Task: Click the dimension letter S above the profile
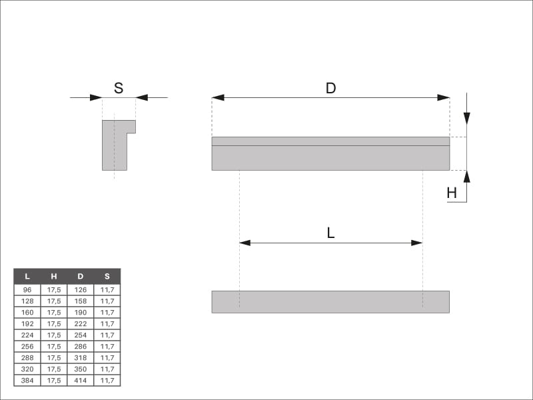click(x=119, y=88)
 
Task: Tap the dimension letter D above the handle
click(x=330, y=88)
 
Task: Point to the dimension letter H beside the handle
click(x=452, y=193)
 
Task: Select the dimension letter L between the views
click(x=330, y=233)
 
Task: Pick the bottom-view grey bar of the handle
click(x=330, y=302)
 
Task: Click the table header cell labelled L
click(x=27, y=276)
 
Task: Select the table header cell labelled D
click(x=81, y=276)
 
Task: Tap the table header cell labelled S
click(x=107, y=276)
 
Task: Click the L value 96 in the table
click(x=27, y=290)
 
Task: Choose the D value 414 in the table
click(x=81, y=380)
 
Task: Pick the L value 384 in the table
click(x=27, y=380)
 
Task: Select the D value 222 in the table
click(x=81, y=324)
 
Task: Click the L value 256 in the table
click(x=27, y=346)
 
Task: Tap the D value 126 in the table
click(x=81, y=290)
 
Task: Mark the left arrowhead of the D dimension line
click(x=218, y=97)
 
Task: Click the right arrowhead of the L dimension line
click(x=417, y=243)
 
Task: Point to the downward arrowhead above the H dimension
click(x=467, y=119)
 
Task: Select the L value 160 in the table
click(x=27, y=312)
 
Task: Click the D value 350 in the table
click(x=81, y=369)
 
